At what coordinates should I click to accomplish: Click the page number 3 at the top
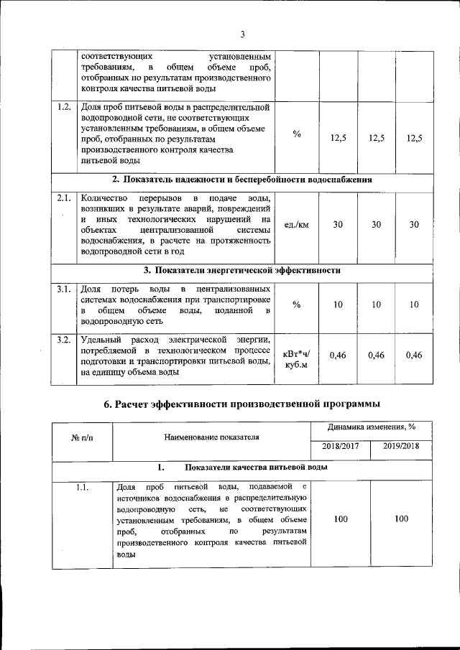(242, 34)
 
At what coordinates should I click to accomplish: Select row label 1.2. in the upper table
(64, 108)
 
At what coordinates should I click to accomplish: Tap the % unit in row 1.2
(297, 134)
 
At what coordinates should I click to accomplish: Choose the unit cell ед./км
(297, 224)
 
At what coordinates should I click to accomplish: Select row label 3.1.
(64, 289)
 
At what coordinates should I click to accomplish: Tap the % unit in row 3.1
(297, 305)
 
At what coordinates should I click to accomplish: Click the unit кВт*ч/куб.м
(297, 359)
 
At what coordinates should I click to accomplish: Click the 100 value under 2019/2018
(402, 519)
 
